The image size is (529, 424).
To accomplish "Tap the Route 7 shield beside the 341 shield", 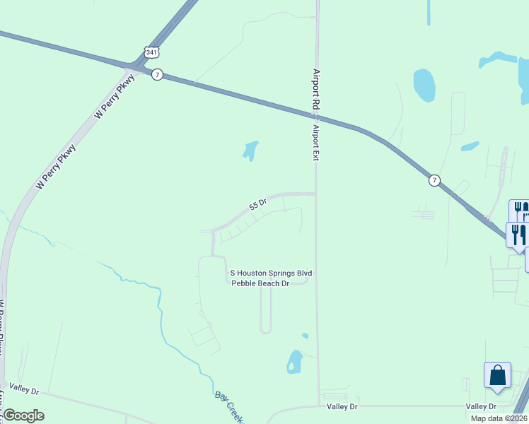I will coord(158,74).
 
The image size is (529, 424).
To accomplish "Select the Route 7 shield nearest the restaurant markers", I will coord(435,181).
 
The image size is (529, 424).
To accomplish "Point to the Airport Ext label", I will coord(317,143).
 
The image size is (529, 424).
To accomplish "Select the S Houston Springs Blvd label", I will coord(271,273).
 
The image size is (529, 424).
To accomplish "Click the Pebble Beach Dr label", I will coord(261,283).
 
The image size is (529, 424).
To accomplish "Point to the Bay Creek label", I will coord(228,407).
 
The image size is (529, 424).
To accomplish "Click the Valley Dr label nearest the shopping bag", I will coord(482,406).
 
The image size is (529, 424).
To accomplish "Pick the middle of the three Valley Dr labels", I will coord(342,406).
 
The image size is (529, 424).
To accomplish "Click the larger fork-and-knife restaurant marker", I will coord(518,235).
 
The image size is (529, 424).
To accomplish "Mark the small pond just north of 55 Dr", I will coord(250,150).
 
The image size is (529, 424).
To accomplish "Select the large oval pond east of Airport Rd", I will coord(424,85).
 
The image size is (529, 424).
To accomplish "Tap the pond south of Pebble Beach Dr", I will coord(294,362).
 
